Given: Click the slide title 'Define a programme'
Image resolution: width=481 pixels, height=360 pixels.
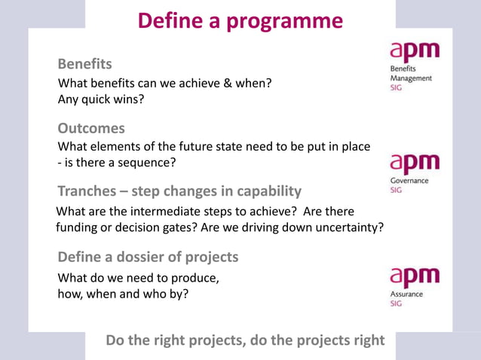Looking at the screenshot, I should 240,20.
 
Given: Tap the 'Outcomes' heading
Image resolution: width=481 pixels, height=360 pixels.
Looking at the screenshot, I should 91,128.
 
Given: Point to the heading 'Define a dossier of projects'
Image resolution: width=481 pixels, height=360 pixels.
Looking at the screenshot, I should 148,257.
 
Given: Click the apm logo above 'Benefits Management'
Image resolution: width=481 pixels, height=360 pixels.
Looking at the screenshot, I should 414,53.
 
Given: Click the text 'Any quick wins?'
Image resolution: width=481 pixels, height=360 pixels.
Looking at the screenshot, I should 101,99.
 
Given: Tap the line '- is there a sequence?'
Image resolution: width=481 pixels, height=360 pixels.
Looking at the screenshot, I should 117,163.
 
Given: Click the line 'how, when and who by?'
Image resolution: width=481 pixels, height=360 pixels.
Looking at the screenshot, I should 124,294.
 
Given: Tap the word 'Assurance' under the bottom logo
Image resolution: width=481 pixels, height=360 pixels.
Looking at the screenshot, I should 406,294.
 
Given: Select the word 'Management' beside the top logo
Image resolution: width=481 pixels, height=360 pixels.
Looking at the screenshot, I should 411,78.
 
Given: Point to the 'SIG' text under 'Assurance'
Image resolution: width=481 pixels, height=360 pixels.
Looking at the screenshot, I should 396,304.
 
